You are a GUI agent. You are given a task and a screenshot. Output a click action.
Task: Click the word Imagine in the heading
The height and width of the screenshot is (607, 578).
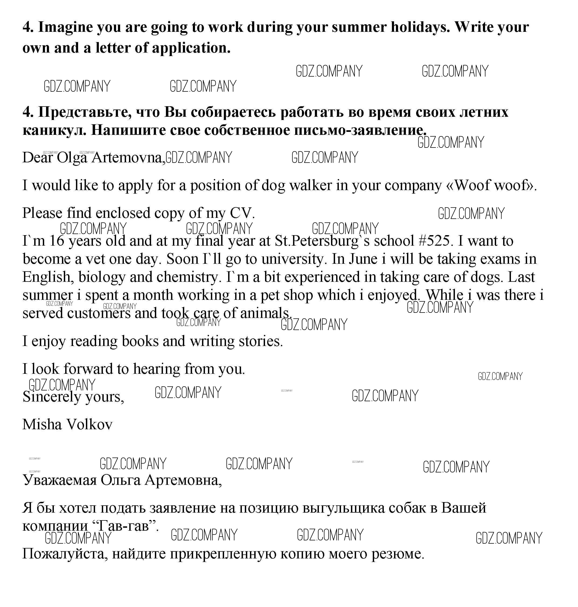pos(65,27)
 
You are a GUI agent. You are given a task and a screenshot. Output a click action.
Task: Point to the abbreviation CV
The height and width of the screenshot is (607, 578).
pos(242,213)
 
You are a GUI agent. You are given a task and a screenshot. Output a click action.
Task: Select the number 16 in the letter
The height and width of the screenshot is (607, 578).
pos(56,241)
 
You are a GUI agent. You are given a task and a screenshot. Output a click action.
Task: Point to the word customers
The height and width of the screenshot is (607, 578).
pos(99,313)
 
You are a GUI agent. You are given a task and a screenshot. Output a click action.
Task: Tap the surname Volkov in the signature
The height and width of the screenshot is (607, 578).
pos(89,424)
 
